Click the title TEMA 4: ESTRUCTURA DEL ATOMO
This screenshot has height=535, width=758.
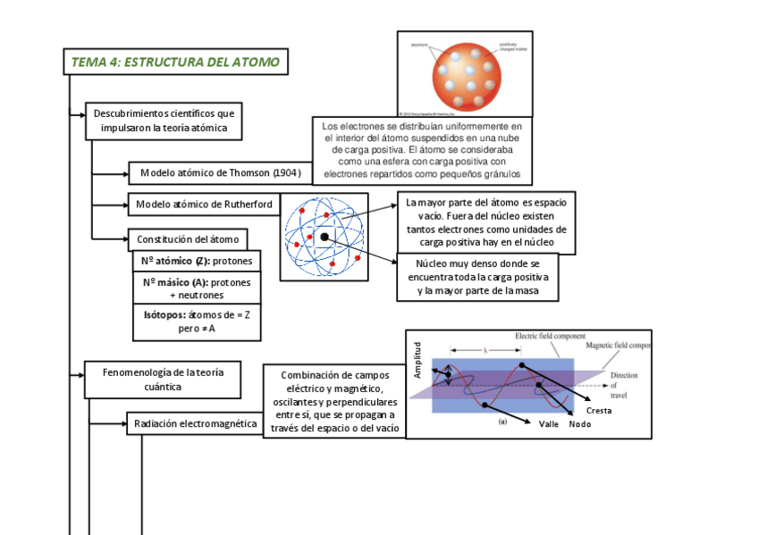coord(175,63)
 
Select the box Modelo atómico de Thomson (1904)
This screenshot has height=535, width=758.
coord(220,172)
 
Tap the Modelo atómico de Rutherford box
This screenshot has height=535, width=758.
coord(204,205)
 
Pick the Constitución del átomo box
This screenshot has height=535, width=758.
coord(188,239)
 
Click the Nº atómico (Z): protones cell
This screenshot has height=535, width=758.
coord(197,262)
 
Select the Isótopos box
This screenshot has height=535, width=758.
coord(197,322)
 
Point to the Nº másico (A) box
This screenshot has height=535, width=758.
coord(197,288)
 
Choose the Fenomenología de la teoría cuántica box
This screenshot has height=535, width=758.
coord(163,380)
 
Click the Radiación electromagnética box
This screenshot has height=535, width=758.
coord(195,423)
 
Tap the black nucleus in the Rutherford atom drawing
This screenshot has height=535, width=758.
coord(324,237)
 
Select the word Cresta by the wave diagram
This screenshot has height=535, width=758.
coord(599,410)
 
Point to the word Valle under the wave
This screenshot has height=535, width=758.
coord(549,424)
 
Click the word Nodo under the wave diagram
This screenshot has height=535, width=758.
coord(580,424)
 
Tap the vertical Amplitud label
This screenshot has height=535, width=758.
coord(417,360)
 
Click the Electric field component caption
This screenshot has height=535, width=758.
coord(550,337)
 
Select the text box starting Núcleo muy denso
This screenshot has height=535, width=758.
coord(478,277)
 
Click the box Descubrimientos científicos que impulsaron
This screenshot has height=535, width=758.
coord(164,121)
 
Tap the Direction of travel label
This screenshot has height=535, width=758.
coord(625,385)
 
